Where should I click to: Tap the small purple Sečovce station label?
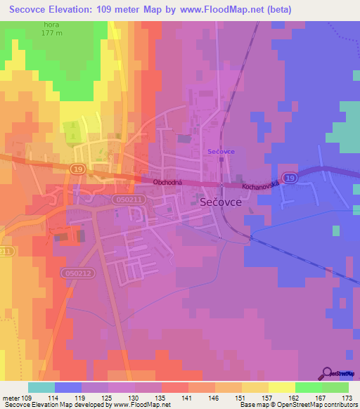click(x=221, y=151)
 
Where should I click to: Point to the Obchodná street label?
click(x=168, y=181)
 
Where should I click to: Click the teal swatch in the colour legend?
click(x=41, y=387)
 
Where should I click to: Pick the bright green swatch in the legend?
click(x=308, y=387)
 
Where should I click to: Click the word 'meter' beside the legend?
click(x=12, y=398)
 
